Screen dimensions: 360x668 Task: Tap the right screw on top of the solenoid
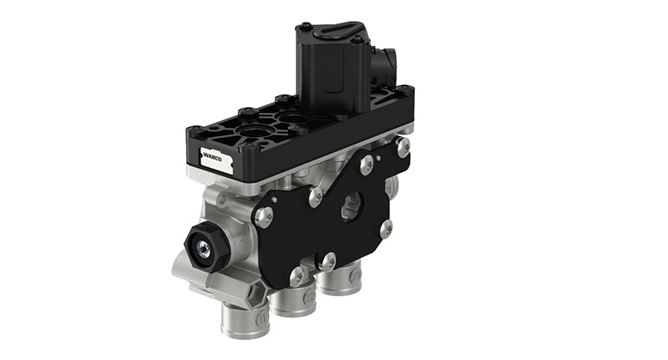coord(357,38)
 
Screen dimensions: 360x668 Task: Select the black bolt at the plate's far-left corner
coord(192,131)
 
